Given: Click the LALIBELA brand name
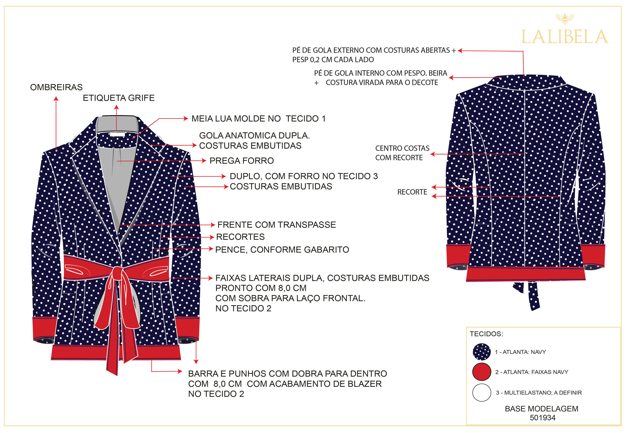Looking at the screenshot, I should pos(565,37).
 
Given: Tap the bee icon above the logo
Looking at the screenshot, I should pos(565,18).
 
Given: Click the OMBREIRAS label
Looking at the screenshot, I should pos(56,87).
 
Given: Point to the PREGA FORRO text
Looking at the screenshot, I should pos(242,161).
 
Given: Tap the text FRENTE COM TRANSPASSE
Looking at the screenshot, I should pos(277,225).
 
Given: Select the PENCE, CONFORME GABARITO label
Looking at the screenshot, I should pos(282,250).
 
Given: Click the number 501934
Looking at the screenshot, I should pos(543,418).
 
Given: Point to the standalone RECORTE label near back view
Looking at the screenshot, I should pos(412,192).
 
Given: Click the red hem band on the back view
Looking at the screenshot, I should pos(525,274).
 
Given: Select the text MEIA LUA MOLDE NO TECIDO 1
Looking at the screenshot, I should pos(258,119).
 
